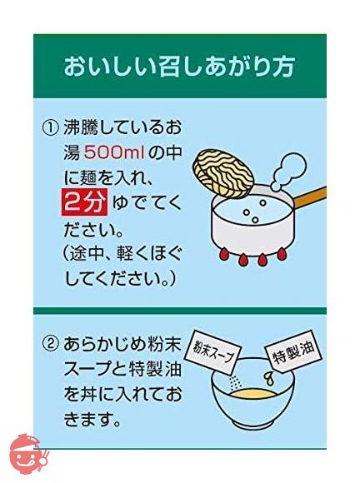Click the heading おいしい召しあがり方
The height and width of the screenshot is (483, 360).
(179, 67)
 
